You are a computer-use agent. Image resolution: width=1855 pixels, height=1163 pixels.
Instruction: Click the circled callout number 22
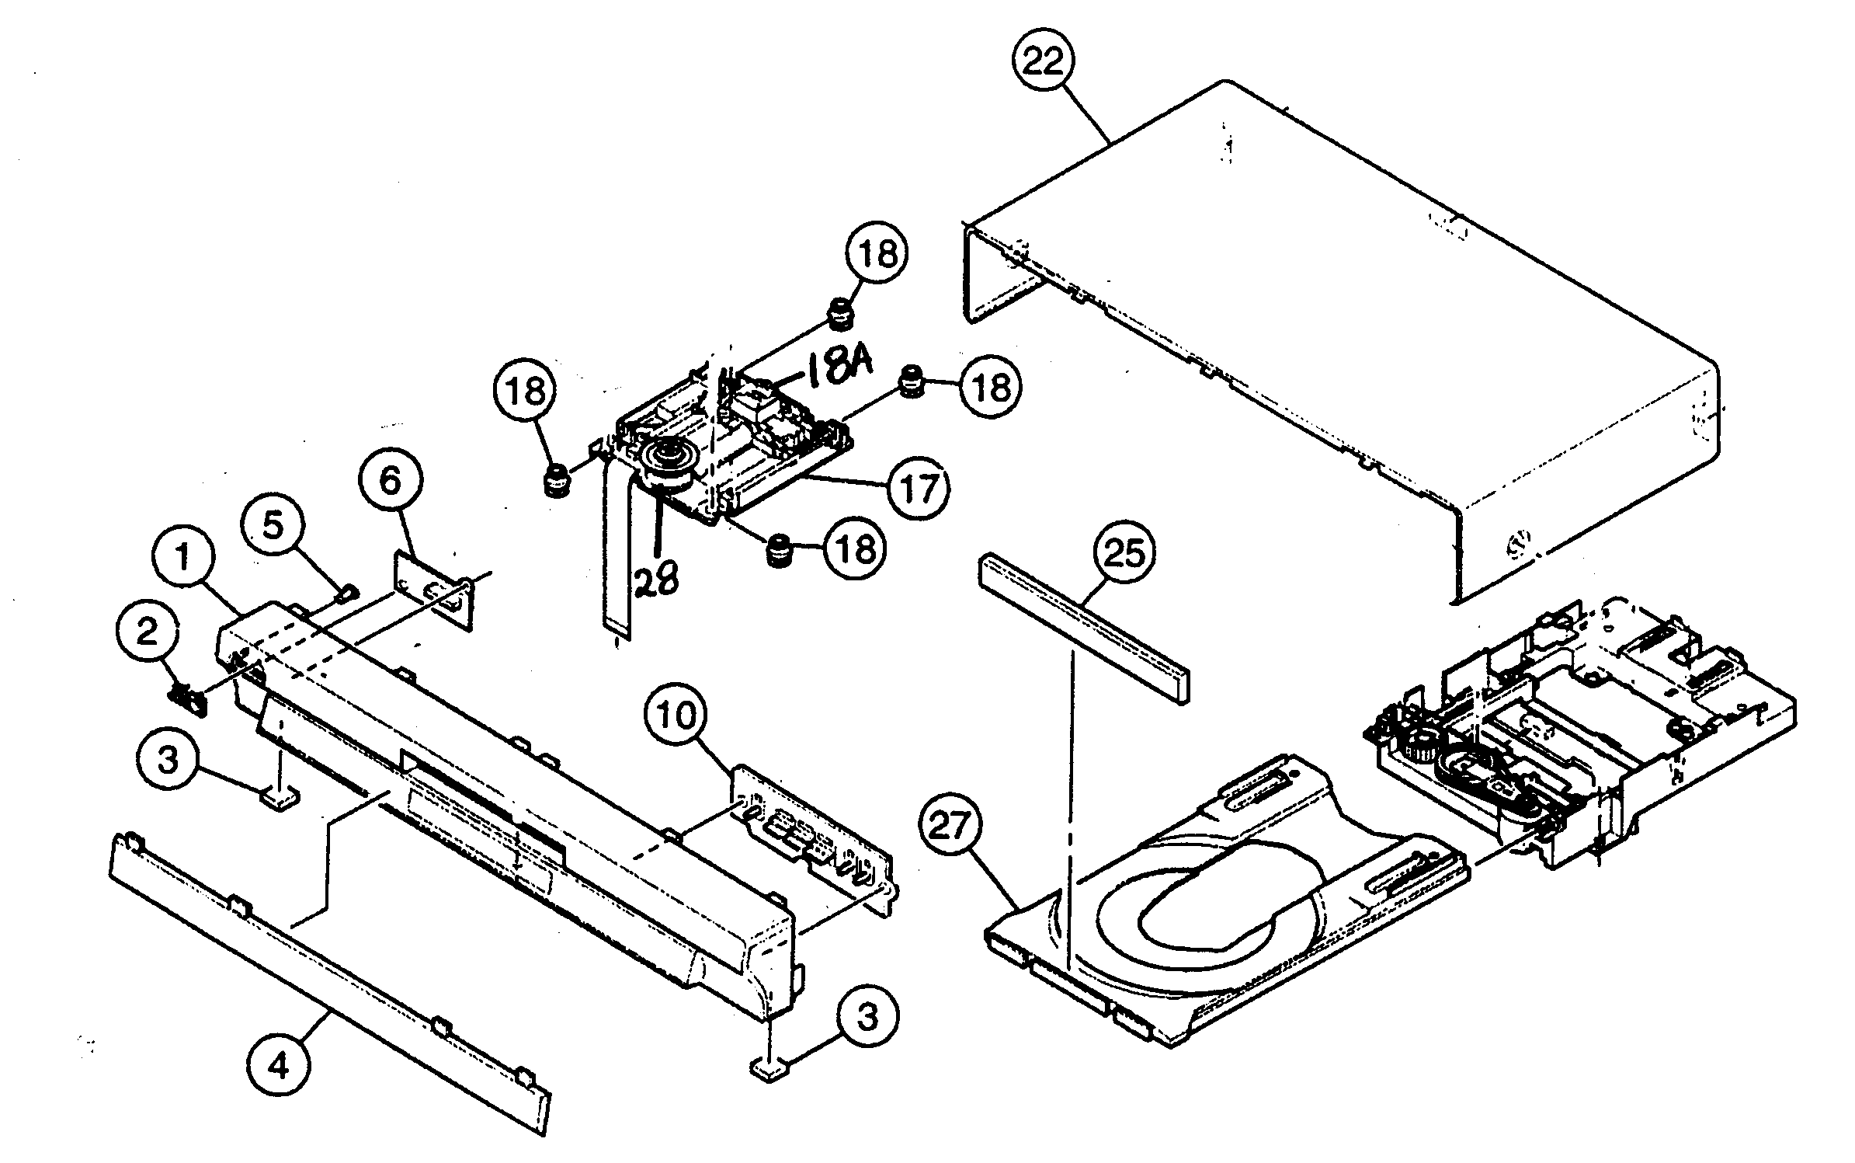point(1042,61)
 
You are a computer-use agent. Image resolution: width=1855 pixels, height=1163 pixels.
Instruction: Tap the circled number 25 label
point(1124,554)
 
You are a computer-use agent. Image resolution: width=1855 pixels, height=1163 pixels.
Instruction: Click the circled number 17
point(919,489)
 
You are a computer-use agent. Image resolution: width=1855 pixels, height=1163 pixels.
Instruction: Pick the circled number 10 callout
point(677,715)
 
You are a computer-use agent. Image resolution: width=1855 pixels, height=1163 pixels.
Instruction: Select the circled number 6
point(391,481)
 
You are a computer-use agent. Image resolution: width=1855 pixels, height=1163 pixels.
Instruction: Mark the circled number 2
point(148,632)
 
